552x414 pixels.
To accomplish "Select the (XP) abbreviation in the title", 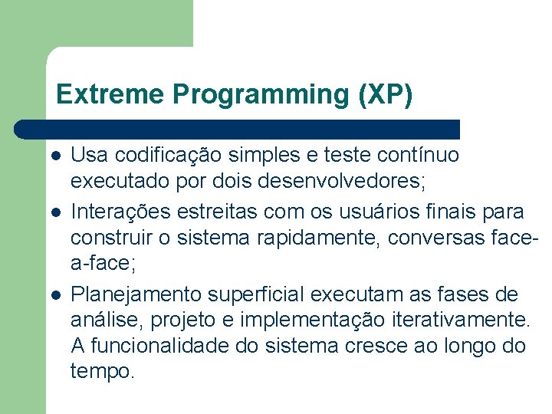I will coord(385,94).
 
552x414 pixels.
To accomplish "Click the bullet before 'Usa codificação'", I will coord(55,155).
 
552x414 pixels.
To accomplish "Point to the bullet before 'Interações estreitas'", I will coord(55,210).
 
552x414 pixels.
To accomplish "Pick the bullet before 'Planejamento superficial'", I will coord(55,294).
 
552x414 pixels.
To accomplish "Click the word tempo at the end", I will coord(103,372).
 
